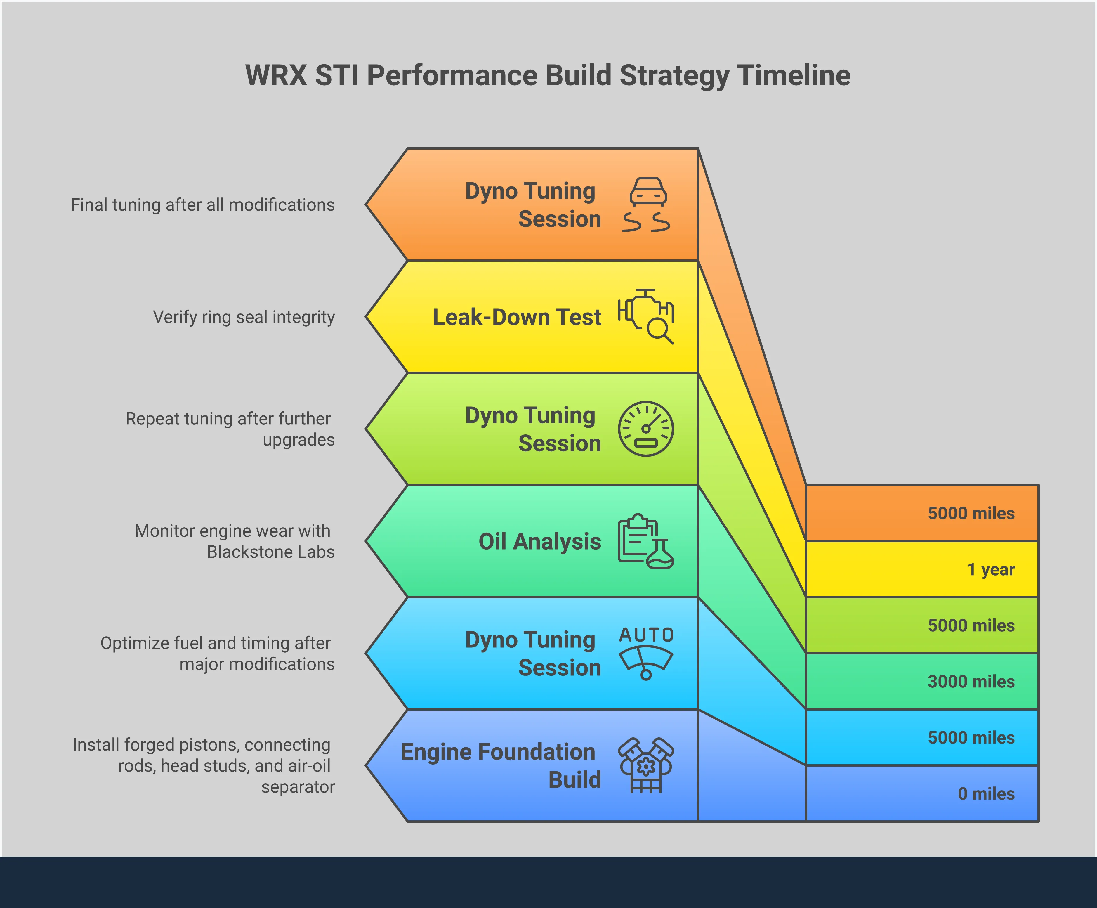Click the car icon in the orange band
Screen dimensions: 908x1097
pos(647,204)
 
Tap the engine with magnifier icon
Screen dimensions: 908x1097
pos(646,316)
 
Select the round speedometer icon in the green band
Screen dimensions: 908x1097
pos(646,429)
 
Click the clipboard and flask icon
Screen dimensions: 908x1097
pos(646,541)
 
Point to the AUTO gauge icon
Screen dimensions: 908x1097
pos(646,653)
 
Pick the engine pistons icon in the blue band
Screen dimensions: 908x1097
pos(646,765)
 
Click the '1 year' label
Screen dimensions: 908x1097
pos(990,569)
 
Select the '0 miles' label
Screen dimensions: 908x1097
pos(986,793)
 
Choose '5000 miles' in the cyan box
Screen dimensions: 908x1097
pos(971,738)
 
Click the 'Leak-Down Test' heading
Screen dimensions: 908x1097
pos(517,317)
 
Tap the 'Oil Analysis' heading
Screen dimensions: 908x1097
pos(540,541)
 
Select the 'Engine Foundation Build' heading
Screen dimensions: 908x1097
pos(500,765)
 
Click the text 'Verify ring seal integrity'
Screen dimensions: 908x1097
pos(243,317)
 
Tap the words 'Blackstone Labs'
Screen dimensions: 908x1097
pos(270,552)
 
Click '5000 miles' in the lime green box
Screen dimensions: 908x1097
pos(971,625)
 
